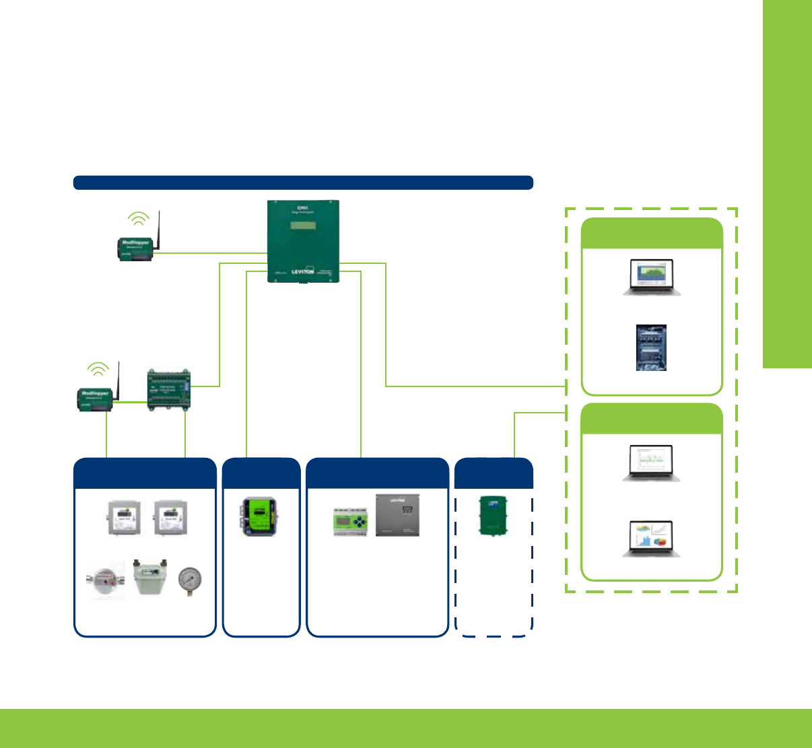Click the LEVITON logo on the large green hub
302,271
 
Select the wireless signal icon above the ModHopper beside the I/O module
98,368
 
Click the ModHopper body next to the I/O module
95,397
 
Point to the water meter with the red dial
107,580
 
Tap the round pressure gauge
189,580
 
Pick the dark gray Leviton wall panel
397,515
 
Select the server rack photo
651,347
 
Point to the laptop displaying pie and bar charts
651,539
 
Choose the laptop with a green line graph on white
651,462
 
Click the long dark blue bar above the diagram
303,182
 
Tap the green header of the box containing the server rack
652,234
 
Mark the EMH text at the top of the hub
302,207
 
